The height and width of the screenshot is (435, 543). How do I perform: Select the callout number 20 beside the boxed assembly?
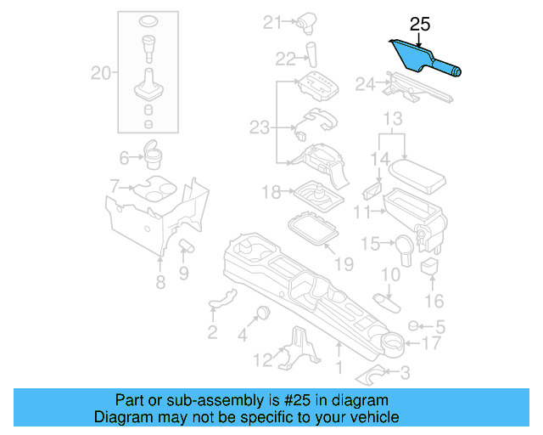tap(102, 74)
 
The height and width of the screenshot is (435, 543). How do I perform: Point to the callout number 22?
tap(287, 58)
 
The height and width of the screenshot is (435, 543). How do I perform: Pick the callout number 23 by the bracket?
tap(260, 127)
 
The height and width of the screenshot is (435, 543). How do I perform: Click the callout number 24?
tap(365, 84)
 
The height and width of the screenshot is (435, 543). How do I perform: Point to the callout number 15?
tap(370, 245)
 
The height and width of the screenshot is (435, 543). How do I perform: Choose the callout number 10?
tap(389, 274)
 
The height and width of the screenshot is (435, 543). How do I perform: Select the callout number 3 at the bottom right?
tap(404, 371)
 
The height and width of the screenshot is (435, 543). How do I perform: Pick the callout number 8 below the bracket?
tap(160, 283)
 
